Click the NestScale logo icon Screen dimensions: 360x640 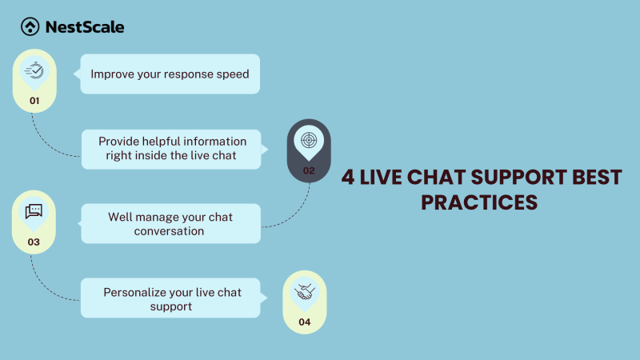click(30, 27)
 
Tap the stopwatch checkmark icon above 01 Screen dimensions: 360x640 click(34, 70)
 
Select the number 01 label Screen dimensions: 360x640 click(34, 102)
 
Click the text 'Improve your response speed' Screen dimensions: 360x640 click(170, 74)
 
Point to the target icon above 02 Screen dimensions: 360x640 click(309, 140)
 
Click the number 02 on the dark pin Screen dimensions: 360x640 click(309, 170)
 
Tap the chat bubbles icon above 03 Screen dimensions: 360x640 click(34, 211)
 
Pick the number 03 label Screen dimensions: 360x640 click(34, 242)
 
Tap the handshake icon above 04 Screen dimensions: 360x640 click(305, 292)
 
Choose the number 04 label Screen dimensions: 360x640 click(305, 323)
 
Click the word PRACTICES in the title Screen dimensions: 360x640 click(479, 202)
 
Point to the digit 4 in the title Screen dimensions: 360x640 click(349, 177)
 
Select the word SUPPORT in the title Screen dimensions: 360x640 click(522, 177)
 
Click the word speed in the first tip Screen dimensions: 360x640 click(232, 74)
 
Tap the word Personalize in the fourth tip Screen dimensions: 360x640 click(137, 292)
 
